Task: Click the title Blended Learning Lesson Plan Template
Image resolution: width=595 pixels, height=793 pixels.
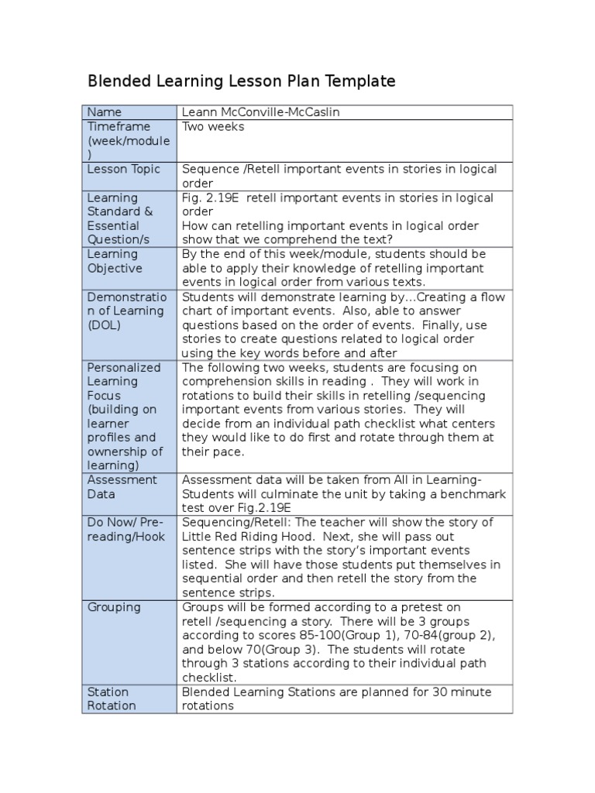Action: (241, 81)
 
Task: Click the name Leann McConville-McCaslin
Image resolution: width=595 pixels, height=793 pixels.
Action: (260, 112)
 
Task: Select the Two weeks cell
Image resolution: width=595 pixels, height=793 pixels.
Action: (213, 126)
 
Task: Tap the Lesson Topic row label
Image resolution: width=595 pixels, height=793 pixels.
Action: (124, 169)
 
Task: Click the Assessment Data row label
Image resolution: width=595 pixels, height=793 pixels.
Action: (122, 486)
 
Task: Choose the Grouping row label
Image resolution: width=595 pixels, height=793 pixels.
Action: (114, 607)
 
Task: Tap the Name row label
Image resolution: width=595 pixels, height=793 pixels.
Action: (105, 112)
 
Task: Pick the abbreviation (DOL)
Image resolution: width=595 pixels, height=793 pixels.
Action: (105, 324)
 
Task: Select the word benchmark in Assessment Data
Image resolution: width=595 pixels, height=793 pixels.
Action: (462, 494)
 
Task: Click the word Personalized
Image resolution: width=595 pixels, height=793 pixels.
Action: (124, 367)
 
